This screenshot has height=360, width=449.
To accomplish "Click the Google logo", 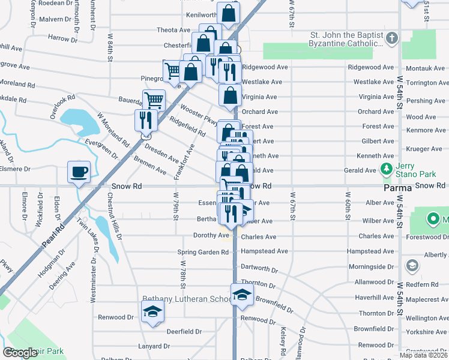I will pos(20,353).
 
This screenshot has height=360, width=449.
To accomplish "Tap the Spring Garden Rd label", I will pos(203,252).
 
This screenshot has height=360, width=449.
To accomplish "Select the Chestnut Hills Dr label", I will pos(114,216).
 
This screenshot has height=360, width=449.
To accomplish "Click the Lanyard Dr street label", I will pos(153,346).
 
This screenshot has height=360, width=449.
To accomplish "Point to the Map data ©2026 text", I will pos(424,355).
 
